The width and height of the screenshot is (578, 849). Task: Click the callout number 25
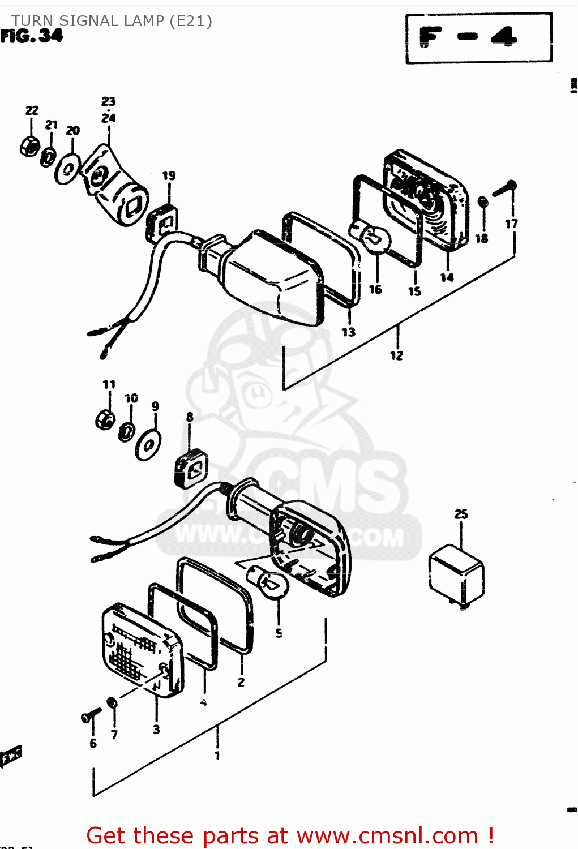click(461, 514)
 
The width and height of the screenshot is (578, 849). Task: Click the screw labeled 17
click(504, 188)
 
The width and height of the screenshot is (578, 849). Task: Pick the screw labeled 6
click(91, 716)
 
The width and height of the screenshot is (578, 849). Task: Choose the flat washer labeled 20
click(68, 168)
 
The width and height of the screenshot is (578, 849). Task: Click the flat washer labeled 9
click(148, 445)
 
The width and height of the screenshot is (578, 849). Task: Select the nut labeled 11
click(105, 419)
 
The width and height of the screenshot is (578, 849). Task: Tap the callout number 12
click(396, 355)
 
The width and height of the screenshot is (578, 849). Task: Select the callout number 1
click(217, 755)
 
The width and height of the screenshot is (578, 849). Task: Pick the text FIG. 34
click(32, 36)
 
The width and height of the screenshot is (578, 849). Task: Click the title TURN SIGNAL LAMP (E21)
click(112, 21)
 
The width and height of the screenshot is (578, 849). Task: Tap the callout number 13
click(349, 332)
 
